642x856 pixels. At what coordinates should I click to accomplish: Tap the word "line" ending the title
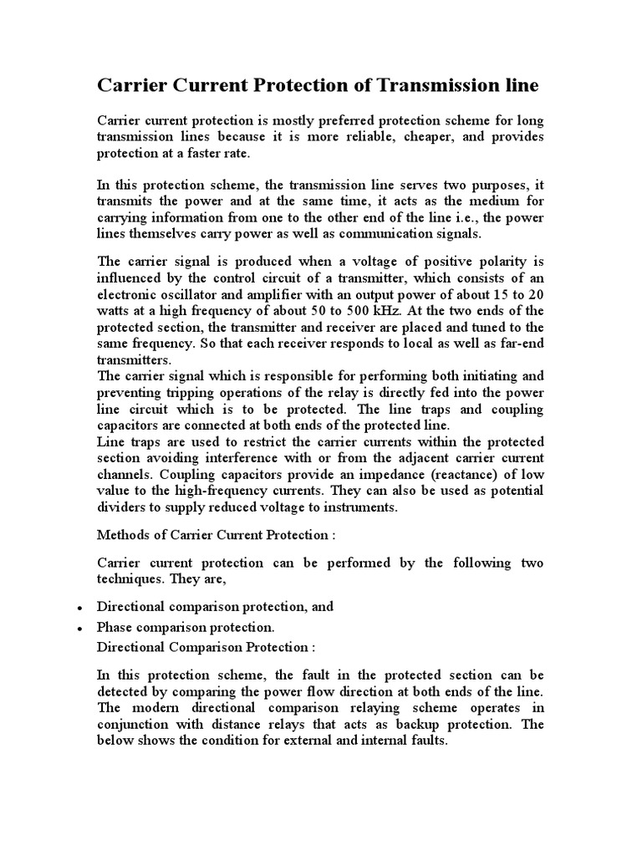pyautogui.click(x=520, y=85)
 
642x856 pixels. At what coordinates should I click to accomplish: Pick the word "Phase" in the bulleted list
pyautogui.click(x=115, y=627)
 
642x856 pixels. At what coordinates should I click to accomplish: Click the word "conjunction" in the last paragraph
pyautogui.click(x=135, y=725)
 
